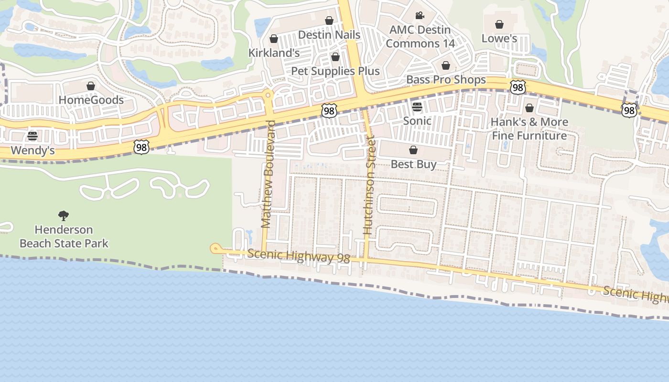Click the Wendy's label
click(x=32, y=150)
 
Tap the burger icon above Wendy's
click(x=32, y=136)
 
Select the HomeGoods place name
click(x=91, y=100)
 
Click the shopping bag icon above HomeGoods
click(x=91, y=86)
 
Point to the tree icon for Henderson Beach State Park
click(x=63, y=216)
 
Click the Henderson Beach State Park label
click(x=64, y=236)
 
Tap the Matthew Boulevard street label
click(x=268, y=174)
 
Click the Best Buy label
click(x=413, y=164)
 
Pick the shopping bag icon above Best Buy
click(x=413, y=150)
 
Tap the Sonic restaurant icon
click(x=417, y=106)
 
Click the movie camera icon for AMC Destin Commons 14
click(x=420, y=16)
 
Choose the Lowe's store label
click(x=499, y=38)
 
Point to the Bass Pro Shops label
click(x=446, y=80)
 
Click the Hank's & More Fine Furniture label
click(x=529, y=129)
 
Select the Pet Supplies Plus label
click(x=335, y=71)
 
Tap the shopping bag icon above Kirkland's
click(x=274, y=39)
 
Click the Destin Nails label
click(x=329, y=35)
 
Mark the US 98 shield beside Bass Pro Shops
click(x=518, y=87)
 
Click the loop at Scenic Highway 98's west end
click(x=216, y=248)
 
